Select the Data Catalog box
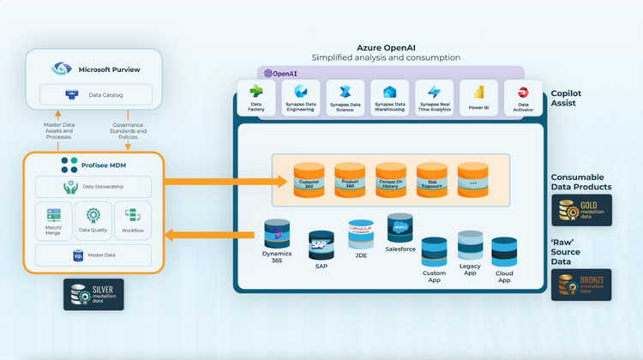click(x=95, y=94)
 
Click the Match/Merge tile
click(x=52, y=221)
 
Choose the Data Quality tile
click(x=94, y=221)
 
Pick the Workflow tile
click(x=133, y=221)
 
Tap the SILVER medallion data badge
click(x=94, y=293)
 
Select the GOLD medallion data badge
click(x=581, y=210)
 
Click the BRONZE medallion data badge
click(x=581, y=285)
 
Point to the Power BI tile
click(x=478, y=98)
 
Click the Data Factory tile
click(x=255, y=98)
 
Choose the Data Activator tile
click(x=522, y=98)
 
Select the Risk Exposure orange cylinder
click(x=431, y=180)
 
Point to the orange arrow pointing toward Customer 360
click(x=223, y=181)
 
